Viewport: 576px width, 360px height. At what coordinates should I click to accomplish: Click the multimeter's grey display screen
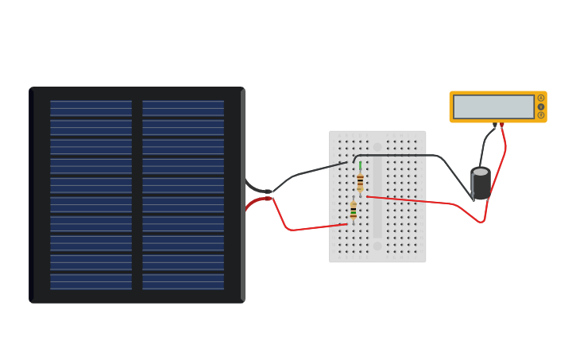[493, 106]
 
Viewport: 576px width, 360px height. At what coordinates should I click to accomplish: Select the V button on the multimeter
[541, 106]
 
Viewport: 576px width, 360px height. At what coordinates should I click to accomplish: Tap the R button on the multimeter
[541, 115]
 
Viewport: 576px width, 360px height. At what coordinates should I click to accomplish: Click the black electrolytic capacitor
[481, 185]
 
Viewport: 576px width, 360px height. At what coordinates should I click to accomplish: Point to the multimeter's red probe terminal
[501, 125]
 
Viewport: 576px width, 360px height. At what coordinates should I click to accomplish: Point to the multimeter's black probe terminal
[495, 125]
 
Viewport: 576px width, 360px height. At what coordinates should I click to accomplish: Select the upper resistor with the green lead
[360, 182]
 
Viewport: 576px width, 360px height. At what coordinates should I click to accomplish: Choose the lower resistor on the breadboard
[354, 210]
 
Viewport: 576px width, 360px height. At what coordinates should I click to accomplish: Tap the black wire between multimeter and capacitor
[485, 147]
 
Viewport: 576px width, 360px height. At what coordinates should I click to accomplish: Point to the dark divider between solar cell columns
[137, 195]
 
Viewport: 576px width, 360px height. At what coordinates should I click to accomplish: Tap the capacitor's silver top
[481, 172]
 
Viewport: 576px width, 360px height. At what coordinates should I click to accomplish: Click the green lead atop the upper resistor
[360, 166]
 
